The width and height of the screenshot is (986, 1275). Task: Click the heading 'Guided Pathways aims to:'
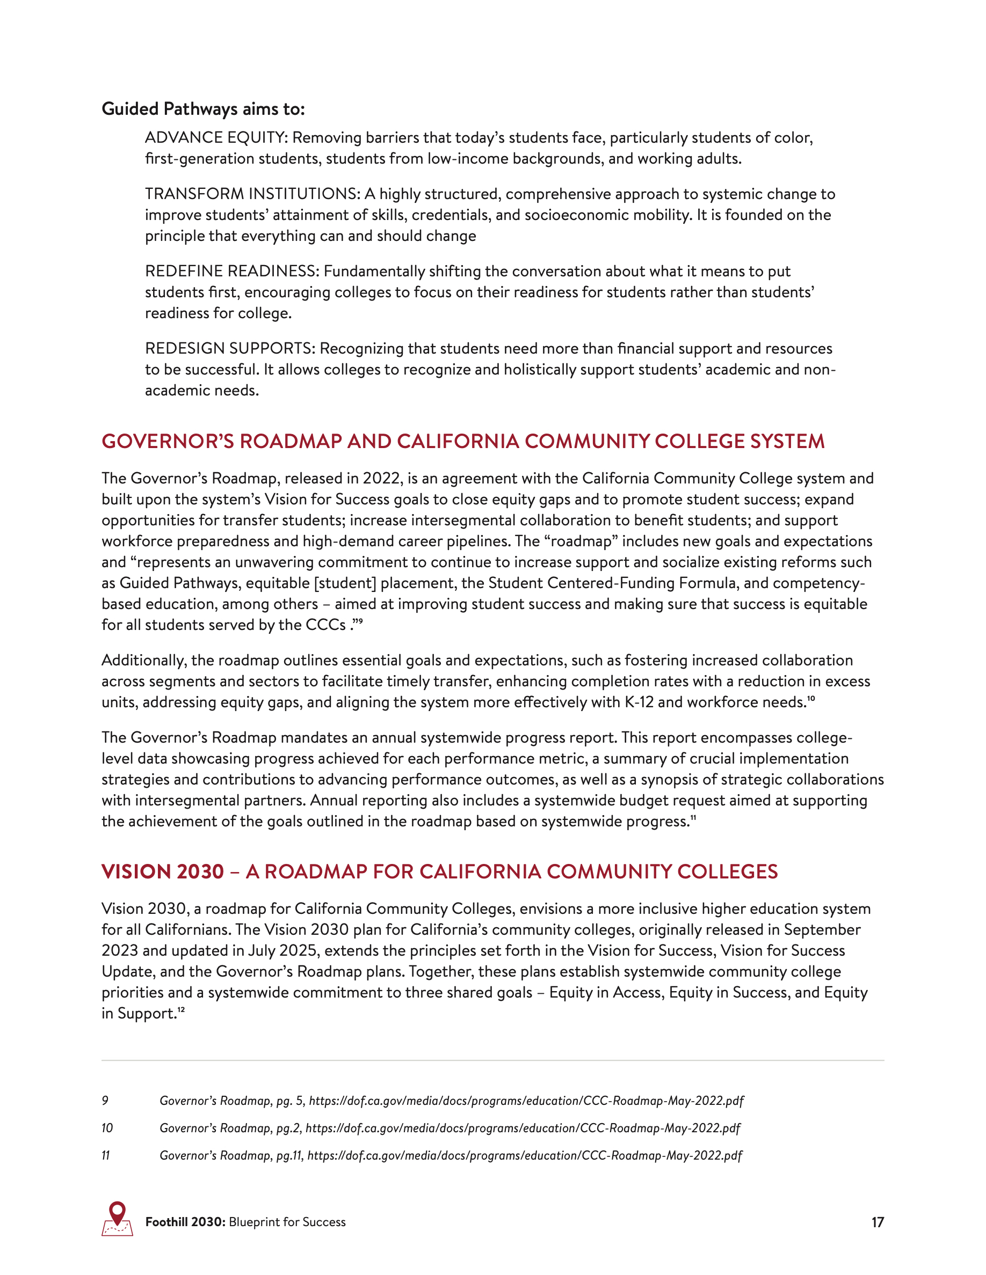tap(202, 109)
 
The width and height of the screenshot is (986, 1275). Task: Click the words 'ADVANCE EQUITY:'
tap(215, 138)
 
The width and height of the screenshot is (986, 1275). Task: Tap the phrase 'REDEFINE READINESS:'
tap(232, 272)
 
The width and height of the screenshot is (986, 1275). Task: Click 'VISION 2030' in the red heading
tap(162, 871)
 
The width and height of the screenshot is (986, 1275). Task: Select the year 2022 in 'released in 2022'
tap(381, 479)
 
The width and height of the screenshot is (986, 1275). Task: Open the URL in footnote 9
tap(526, 1101)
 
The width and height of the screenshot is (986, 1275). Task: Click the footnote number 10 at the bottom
tap(107, 1128)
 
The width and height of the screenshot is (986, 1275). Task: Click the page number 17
tap(878, 1222)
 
